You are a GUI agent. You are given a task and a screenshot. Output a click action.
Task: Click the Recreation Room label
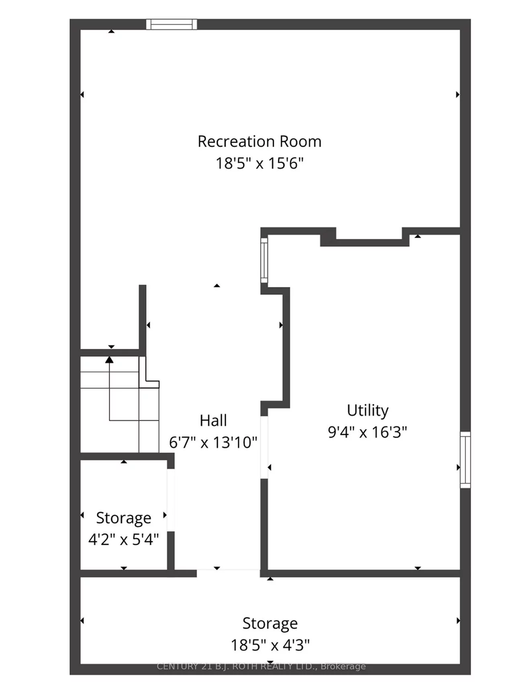tap(259, 141)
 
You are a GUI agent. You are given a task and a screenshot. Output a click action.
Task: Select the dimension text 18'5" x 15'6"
tap(259, 164)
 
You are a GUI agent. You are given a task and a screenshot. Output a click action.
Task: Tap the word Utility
tap(367, 410)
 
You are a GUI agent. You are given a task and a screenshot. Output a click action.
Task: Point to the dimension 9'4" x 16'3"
tap(367, 432)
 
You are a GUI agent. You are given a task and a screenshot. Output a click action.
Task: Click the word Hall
tap(213, 420)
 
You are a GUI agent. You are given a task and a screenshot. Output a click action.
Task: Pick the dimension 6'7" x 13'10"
tap(213, 443)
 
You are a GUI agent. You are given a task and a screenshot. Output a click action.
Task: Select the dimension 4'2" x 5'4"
tap(124, 539)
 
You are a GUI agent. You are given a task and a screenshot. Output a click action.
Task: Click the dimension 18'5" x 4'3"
tap(270, 645)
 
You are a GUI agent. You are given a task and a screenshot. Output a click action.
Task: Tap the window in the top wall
tap(171, 25)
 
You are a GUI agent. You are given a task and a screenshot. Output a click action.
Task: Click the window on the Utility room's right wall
tap(465, 460)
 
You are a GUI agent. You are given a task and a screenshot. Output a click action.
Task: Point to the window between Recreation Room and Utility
tap(264, 260)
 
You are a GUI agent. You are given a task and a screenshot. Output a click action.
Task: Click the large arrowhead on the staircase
tap(109, 359)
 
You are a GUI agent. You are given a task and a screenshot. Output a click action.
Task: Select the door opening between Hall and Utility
tap(264, 447)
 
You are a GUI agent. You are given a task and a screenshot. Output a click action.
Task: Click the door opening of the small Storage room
tap(171, 500)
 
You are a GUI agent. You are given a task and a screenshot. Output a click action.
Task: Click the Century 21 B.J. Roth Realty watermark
tap(261, 666)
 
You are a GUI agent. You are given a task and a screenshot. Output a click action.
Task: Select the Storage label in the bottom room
tap(270, 623)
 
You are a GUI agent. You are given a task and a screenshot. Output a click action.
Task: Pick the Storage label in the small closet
tap(124, 518)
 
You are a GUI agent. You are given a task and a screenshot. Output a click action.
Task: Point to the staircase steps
tap(120, 404)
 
